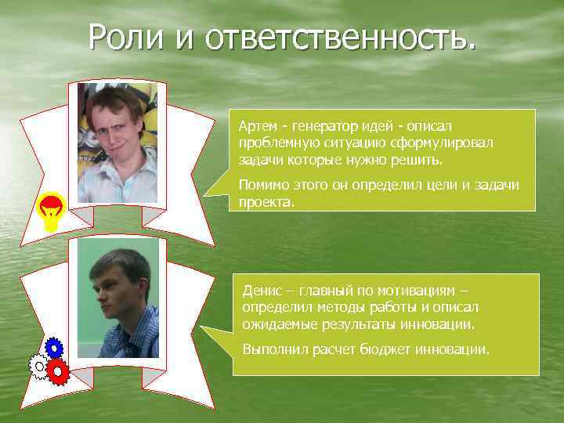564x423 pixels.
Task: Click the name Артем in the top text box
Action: point(256,127)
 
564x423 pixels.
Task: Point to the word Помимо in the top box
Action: point(262,185)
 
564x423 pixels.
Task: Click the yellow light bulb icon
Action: point(52,210)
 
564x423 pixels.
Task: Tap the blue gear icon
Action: point(53,347)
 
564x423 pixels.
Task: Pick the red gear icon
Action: point(58,371)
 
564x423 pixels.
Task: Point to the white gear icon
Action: point(38,366)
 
